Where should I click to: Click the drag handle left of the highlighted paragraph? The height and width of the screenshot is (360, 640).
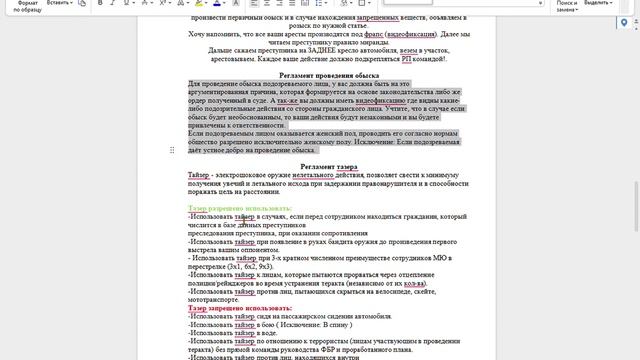click(174, 150)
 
